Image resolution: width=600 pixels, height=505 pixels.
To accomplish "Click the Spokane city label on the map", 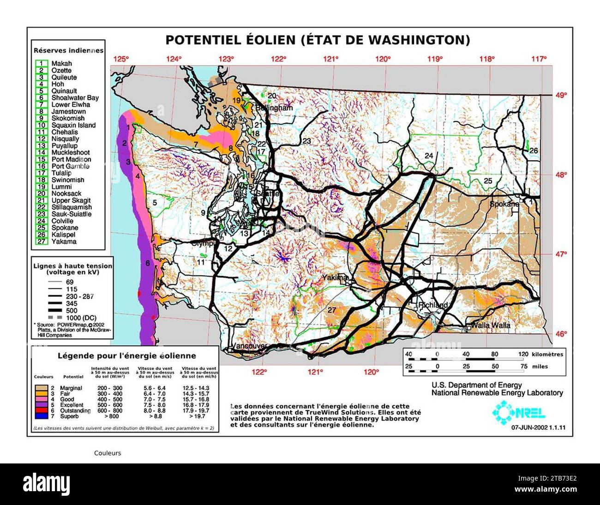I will tap(504, 204).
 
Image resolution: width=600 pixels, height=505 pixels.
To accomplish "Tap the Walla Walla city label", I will tap(490, 325).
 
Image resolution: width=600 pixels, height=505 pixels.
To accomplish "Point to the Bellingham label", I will tap(275, 108).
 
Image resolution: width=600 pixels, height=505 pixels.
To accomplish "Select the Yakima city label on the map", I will tap(335, 277).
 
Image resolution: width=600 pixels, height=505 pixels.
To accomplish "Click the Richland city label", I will tap(433, 306).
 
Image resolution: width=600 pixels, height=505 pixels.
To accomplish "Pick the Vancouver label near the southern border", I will tap(249, 346).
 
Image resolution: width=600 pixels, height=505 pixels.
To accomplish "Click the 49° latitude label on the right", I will tap(561, 95).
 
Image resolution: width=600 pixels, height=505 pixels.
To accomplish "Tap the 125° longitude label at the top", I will tap(121, 59).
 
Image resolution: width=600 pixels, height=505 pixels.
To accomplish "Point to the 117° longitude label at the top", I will tap(539, 59).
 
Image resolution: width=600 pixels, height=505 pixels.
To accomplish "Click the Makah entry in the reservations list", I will tap(61, 64).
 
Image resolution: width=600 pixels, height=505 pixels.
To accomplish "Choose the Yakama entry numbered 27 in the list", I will tap(64, 241).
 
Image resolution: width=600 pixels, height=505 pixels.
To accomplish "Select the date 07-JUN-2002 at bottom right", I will tap(529, 427).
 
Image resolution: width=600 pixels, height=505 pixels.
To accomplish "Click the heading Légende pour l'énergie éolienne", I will tap(126, 356).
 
